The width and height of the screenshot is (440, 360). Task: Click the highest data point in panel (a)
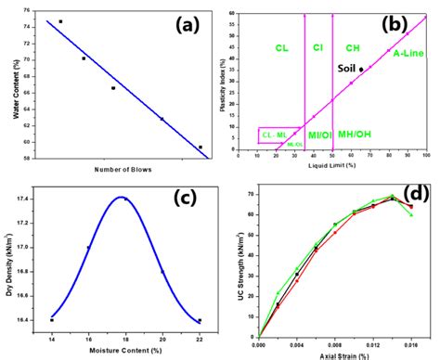pos(60,21)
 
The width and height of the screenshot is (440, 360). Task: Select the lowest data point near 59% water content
pos(201,147)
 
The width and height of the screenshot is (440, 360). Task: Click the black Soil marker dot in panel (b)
pos(361,70)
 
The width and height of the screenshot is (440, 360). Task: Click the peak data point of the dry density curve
pos(125,199)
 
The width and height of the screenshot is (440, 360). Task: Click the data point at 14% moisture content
pos(52,319)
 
